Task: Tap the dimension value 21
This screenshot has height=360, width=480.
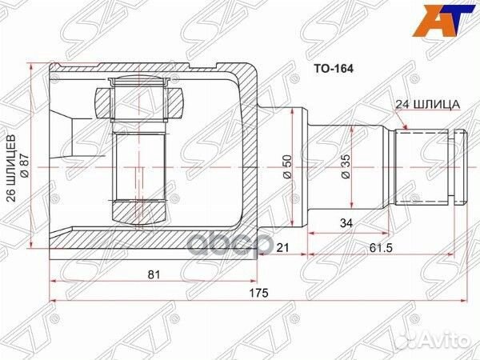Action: [282, 249]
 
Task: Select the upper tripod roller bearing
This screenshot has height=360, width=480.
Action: [141, 101]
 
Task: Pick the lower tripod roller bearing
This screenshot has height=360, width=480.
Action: [141, 213]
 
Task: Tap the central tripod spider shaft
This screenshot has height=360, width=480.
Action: [141, 164]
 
